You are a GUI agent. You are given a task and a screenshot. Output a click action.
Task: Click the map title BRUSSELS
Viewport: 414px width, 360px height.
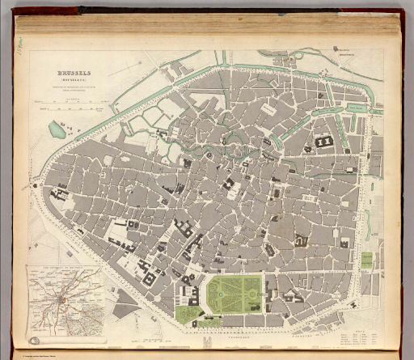tap(74, 71)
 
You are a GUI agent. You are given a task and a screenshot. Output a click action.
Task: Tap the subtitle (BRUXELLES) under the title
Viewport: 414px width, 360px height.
tap(74, 79)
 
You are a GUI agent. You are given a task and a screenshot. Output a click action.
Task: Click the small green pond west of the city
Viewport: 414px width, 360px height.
tap(57, 129)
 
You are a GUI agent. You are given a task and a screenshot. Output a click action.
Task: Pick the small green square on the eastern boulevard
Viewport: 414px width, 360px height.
tap(366, 260)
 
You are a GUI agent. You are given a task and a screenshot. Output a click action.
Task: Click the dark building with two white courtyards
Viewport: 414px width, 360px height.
tap(324, 142)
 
